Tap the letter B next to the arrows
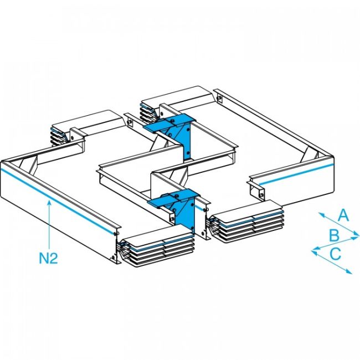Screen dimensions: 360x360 [x=334, y=235]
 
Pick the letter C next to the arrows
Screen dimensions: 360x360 [x=335, y=254]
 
